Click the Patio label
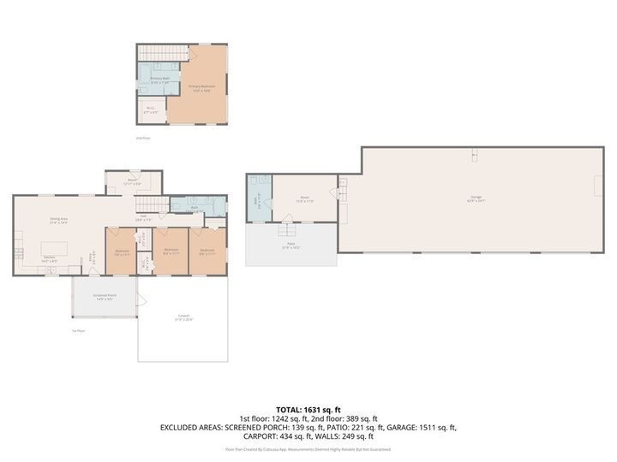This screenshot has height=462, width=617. (x=290, y=246)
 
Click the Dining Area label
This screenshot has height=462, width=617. (x=58, y=221)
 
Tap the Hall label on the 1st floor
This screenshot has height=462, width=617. (x=144, y=217)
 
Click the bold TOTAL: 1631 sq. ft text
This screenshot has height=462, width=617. (x=308, y=409)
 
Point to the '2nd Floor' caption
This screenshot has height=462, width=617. (x=142, y=138)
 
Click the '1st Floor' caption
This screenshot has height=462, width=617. (x=78, y=330)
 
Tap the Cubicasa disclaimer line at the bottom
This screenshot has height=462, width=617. (x=308, y=448)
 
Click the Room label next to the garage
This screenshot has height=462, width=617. (x=304, y=198)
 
